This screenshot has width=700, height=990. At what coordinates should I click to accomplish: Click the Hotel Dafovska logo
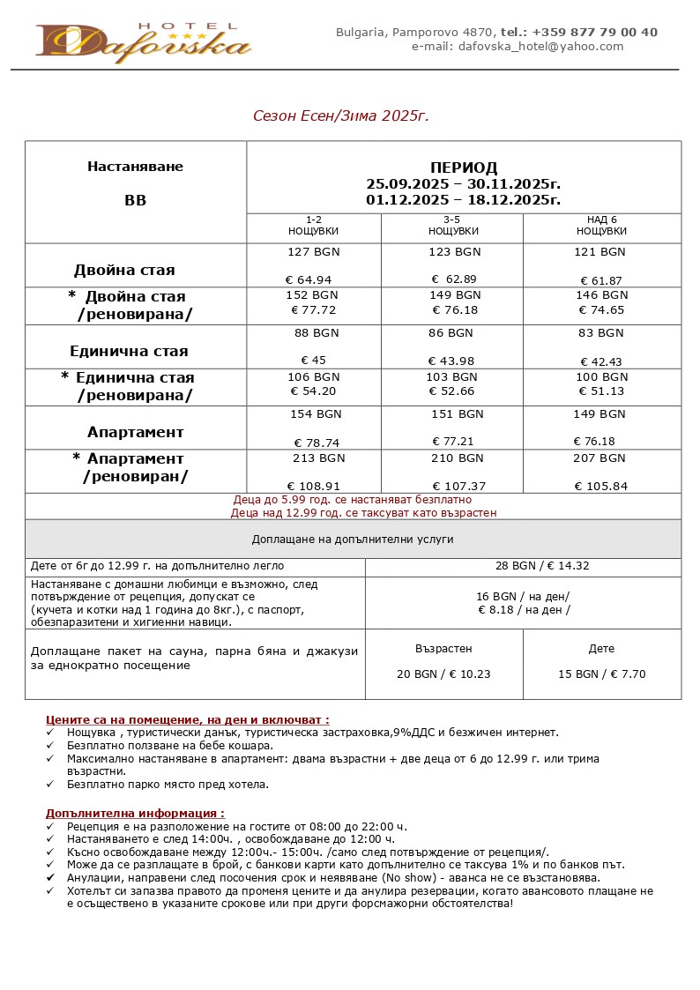pyautogui.click(x=144, y=41)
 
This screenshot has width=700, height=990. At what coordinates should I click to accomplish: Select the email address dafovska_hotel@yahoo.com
pyautogui.click(x=541, y=47)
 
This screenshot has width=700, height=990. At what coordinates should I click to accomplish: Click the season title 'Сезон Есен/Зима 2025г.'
pyautogui.click(x=341, y=116)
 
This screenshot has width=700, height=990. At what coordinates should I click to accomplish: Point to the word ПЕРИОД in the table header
pyautogui.click(x=464, y=167)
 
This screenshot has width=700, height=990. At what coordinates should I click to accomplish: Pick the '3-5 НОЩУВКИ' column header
pyautogui.click(x=453, y=226)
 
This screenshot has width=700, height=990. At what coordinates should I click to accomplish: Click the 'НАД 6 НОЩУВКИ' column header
pyautogui.click(x=601, y=226)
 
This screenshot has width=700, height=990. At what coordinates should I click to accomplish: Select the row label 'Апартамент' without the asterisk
pyautogui.click(x=136, y=432)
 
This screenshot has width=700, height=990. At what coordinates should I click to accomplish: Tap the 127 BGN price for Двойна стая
pyautogui.click(x=314, y=252)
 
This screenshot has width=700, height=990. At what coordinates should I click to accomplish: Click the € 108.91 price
pyautogui.click(x=314, y=486)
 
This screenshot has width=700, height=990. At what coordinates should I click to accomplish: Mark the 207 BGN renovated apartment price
pyautogui.click(x=599, y=458)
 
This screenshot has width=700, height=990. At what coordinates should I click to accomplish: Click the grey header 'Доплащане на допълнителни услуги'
pyautogui.click(x=353, y=540)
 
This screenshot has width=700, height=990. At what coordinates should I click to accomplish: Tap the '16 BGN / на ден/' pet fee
pyautogui.click(x=523, y=596)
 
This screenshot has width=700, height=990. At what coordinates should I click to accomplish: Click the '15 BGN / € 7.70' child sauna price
pyautogui.click(x=601, y=674)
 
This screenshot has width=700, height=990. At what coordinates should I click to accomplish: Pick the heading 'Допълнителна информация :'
pyautogui.click(x=135, y=814)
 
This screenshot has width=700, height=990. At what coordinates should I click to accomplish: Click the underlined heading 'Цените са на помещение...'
pyautogui.click(x=187, y=720)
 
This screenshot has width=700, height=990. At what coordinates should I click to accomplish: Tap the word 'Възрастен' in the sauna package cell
pyautogui.click(x=443, y=649)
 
